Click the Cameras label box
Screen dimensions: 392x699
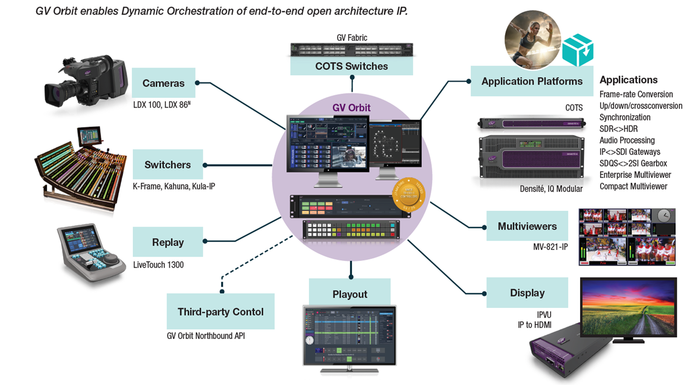click(x=163, y=83)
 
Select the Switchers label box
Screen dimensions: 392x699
click(x=167, y=165)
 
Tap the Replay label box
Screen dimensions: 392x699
click(x=168, y=242)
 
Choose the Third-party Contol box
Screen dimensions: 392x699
click(x=220, y=311)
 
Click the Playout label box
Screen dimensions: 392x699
click(x=349, y=294)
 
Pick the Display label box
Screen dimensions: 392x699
click(x=527, y=293)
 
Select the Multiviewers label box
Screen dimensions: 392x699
click(x=527, y=226)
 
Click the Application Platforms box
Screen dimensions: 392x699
click(x=532, y=82)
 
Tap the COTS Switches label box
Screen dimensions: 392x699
click(x=351, y=66)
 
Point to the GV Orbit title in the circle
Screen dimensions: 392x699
click(x=351, y=108)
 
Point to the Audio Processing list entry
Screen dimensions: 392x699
click(x=627, y=140)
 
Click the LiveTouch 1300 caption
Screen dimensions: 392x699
click(x=158, y=265)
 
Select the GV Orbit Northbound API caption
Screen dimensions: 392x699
click(x=205, y=336)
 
